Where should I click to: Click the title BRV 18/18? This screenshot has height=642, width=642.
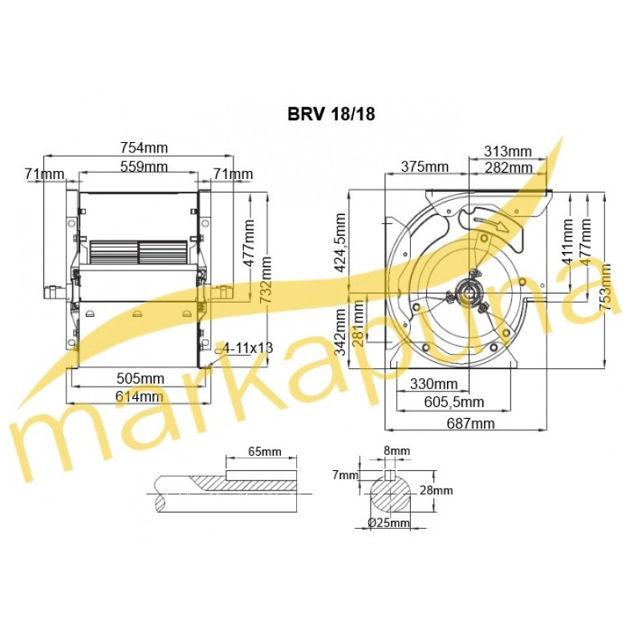(331, 114)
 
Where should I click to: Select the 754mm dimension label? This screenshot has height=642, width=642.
(144, 148)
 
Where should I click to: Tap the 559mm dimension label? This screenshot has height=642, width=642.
(144, 167)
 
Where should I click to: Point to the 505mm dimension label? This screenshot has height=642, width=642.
(140, 378)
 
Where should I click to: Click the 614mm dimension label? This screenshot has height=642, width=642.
(139, 396)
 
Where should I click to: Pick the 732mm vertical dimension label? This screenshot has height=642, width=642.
(266, 279)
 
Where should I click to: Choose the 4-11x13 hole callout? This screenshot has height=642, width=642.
(248, 348)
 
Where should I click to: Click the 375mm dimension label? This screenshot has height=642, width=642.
(425, 167)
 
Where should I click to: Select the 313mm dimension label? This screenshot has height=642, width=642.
(508, 152)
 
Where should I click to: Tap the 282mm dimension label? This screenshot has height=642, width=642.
(509, 168)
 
